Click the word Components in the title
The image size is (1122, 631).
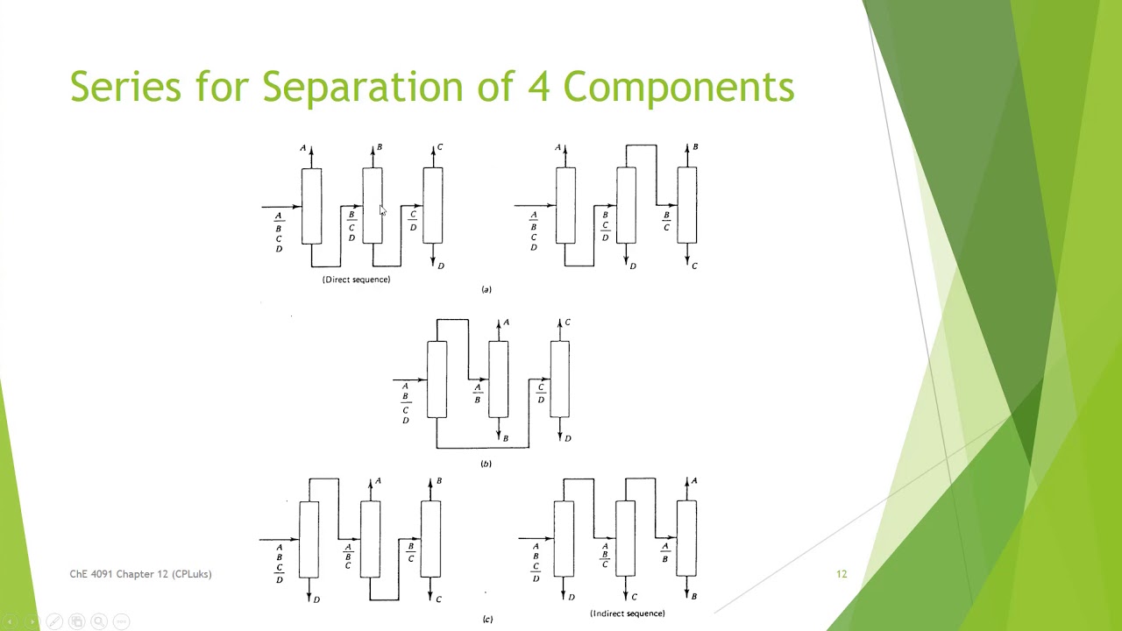pos(678,87)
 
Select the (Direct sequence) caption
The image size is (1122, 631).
pos(356,280)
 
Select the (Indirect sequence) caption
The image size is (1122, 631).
pos(627,613)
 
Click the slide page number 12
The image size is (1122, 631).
pos(841,574)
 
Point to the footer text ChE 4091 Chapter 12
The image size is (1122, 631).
pos(140,574)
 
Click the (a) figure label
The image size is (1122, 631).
pos(486,289)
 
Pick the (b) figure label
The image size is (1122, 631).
pos(486,464)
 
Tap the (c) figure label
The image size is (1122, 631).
pos(487,620)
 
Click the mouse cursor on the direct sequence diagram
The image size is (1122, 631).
pos(382,210)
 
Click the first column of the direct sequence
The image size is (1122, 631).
pos(311,206)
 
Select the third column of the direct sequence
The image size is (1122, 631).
pos(432,206)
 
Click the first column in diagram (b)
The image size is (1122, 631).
pos(437,379)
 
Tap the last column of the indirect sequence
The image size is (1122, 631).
pos(686,539)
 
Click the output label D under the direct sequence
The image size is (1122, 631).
pos(441,266)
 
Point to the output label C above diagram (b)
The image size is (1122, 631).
pos(567,323)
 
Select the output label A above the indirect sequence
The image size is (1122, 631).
pos(694,481)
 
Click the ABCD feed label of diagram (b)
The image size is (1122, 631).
pos(405,403)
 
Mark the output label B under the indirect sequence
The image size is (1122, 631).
pos(694,597)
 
